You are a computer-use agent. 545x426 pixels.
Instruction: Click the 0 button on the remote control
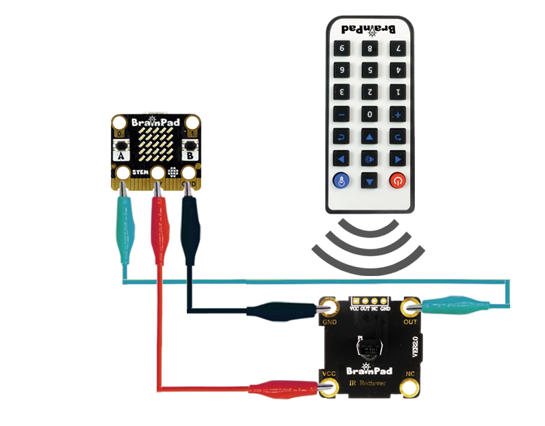point(370,114)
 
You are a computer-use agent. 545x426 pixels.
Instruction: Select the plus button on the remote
point(396,114)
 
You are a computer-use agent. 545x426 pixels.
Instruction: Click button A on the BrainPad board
point(121,147)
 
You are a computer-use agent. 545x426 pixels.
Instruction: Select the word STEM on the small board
point(141,172)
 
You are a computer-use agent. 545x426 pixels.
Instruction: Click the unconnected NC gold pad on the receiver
point(411,388)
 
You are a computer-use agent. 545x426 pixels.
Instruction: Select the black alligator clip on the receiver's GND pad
point(281,311)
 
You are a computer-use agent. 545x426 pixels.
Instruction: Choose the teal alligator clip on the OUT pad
point(455,304)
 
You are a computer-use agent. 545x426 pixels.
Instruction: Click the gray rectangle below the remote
point(368,247)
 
